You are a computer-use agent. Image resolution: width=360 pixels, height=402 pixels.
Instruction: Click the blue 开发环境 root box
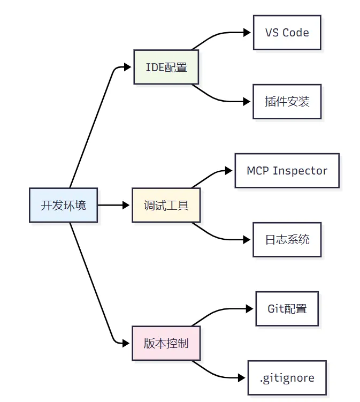pyautogui.click(x=63, y=205)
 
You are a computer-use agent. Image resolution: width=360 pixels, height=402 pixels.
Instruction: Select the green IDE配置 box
pyautogui.click(x=166, y=67)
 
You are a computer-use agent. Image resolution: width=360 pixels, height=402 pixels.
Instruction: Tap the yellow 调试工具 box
pyautogui.click(x=166, y=205)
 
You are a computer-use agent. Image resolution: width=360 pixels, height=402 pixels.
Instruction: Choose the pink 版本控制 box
pyautogui.click(x=166, y=343)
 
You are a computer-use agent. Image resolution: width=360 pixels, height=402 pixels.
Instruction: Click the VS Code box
pyautogui.click(x=287, y=33)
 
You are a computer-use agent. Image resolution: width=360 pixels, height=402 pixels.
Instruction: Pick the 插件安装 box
pyautogui.click(x=287, y=102)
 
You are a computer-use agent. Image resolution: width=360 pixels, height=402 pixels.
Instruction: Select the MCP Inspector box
pyautogui.click(x=287, y=171)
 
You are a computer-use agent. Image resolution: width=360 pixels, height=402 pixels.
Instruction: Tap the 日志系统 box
pyautogui.click(x=287, y=240)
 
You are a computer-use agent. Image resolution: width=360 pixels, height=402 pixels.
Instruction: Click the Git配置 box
pyautogui.click(x=287, y=309)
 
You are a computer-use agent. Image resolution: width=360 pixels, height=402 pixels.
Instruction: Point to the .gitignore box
pyautogui.click(x=287, y=378)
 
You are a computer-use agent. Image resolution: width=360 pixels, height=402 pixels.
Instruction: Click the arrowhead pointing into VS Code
pyautogui.click(x=247, y=33)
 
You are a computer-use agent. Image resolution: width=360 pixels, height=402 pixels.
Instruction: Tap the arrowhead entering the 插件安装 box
pyautogui.click(x=247, y=102)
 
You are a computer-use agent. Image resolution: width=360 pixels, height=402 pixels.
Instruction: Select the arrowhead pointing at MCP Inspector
pyautogui.click(x=228, y=171)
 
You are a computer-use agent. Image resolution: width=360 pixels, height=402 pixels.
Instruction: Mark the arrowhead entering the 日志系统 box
pyautogui.click(x=247, y=240)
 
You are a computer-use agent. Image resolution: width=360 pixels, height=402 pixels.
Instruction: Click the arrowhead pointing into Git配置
pyautogui.click(x=249, y=309)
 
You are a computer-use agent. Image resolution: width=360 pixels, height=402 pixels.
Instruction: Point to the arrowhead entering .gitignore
pyautogui.click(x=242, y=378)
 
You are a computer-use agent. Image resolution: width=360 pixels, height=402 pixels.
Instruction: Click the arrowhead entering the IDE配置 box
pyautogui.click(x=127, y=67)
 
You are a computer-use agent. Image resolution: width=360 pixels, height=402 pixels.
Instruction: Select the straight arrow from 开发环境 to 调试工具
pyautogui.click(x=113, y=205)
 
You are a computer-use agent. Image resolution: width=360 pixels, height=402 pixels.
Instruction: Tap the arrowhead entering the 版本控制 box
pyautogui.click(x=126, y=343)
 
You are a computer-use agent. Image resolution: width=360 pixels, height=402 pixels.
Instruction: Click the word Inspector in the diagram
pyautogui.click(x=300, y=171)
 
